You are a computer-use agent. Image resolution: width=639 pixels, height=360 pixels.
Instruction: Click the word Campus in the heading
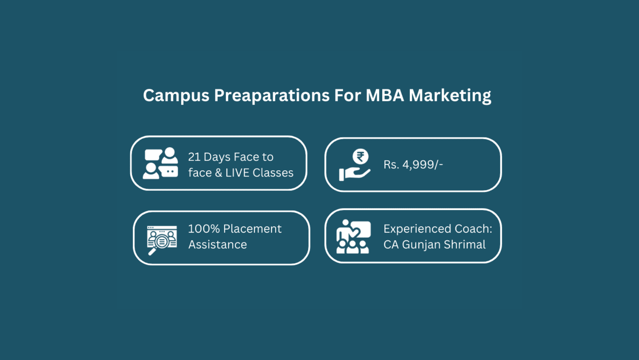(176, 95)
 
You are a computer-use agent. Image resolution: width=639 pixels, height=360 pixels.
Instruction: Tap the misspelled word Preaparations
(272, 95)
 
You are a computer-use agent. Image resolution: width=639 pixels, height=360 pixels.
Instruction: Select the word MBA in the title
(385, 95)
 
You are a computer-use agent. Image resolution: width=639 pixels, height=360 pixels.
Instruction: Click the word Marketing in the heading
(450, 96)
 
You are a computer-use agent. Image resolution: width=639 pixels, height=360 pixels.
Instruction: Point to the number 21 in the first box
(194, 157)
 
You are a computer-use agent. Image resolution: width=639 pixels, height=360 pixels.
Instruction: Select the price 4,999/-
(422, 164)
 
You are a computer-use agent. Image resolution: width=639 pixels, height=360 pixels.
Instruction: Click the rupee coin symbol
(360, 157)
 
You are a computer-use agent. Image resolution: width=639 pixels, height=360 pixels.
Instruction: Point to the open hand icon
(355, 174)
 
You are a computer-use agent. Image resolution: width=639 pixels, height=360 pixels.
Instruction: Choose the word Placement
(252, 229)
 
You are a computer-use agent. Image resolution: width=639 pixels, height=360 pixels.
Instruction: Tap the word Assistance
(217, 245)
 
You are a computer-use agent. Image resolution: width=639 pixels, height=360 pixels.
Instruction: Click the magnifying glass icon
(158, 245)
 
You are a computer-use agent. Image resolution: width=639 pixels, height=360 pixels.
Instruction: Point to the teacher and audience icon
(353, 236)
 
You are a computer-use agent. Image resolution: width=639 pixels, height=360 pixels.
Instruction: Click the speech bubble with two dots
(169, 171)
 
